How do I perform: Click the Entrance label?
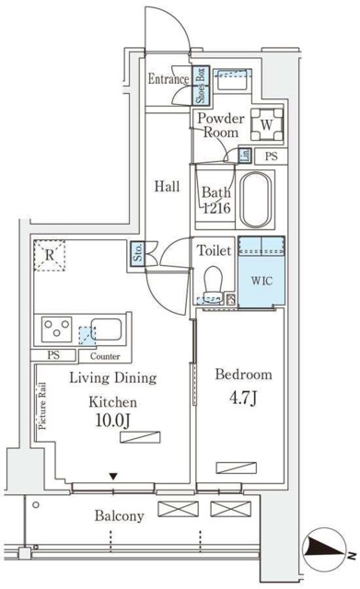[x=168, y=79]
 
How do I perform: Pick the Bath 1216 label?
[x=216, y=200]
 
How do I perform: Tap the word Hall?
[x=167, y=186]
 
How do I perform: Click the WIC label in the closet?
[x=261, y=279]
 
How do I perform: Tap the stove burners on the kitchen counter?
[x=52, y=329]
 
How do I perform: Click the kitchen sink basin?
[x=103, y=330]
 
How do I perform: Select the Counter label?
[x=105, y=355]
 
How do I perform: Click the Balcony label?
[x=120, y=516]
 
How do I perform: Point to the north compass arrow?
[x=328, y=549]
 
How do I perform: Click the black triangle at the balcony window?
[x=112, y=476]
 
